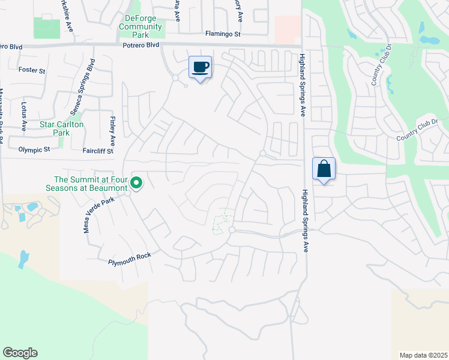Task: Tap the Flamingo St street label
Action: [x=223, y=34]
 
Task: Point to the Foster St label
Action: [x=32, y=71]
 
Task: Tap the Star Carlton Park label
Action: [x=61, y=128]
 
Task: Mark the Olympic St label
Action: [x=34, y=149]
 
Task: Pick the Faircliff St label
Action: [x=98, y=151]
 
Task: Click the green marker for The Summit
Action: [x=136, y=183]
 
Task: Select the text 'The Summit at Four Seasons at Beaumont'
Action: [x=91, y=183]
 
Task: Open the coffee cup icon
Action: [x=200, y=67]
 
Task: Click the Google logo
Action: [x=20, y=353]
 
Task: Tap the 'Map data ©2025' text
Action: [x=423, y=355]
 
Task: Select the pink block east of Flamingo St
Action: [x=287, y=29]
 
